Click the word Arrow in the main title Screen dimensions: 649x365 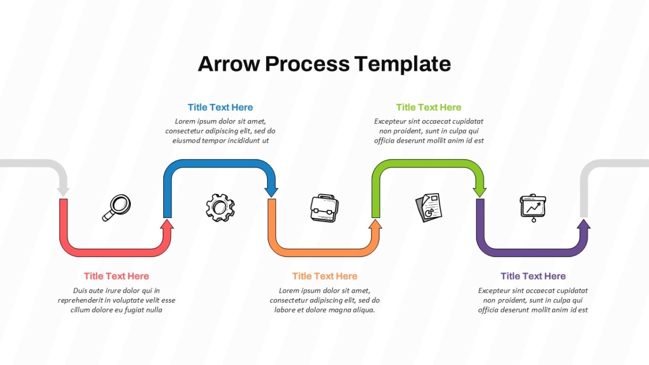(x=229, y=64)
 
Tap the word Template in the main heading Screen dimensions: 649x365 (x=403, y=64)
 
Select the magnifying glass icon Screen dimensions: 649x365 (x=116, y=208)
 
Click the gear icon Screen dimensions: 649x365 (x=220, y=208)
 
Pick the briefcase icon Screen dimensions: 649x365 (x=325, y=208)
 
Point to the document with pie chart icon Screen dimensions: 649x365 (x=429, y=208)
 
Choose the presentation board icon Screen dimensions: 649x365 (x=533, y=208)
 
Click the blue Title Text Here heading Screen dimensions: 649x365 (x=220, y=108)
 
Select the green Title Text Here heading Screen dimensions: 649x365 (x=428, y=108)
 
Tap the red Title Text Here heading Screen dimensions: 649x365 (x=116, y=276)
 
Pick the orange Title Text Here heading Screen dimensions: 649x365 (x=325, y=276)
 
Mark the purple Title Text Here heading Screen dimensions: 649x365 (x=533, y=276)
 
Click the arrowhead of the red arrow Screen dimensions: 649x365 (x=167, y=224)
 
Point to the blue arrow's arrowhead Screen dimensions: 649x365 (x=271, y=192)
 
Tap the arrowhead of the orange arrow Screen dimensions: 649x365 (x=375, y=224)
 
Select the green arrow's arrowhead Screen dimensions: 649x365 (x=480, y=192)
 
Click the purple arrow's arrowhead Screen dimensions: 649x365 (x=584, y=224)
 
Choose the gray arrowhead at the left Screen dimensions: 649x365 (x=63, y=192)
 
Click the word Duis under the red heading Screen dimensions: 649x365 (x=80, y=290)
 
